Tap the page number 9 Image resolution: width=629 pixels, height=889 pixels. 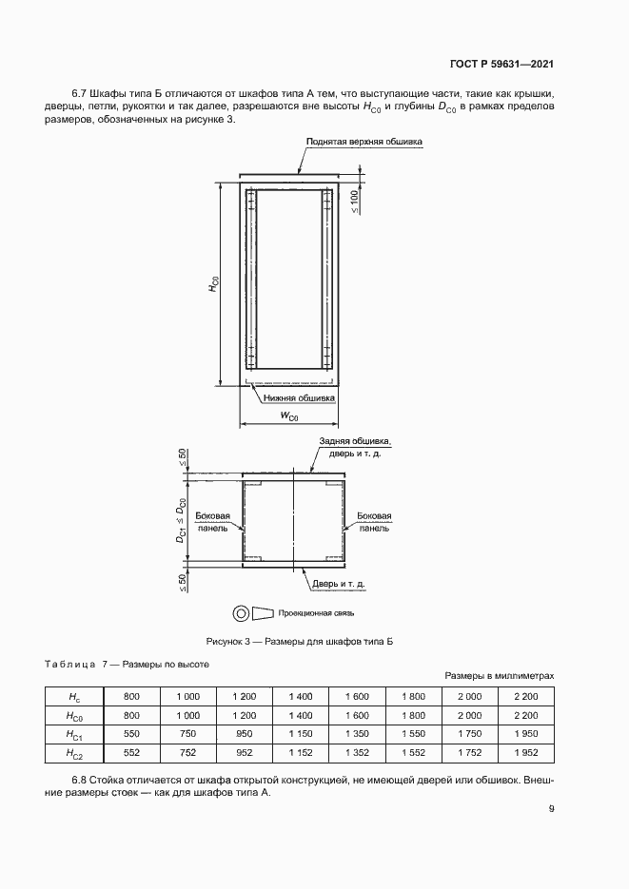coord(551,810)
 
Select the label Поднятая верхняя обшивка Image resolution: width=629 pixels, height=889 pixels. coord(364,142)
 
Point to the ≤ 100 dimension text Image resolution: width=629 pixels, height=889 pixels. coord(353,202)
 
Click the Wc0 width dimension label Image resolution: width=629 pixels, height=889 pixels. coord(289,416)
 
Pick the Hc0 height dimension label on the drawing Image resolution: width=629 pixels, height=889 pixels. coord(215,284)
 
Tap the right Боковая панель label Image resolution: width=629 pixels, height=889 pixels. coord(375,523)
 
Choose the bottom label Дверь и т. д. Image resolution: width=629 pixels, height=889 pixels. coord(336,583)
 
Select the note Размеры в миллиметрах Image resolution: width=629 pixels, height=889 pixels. coord(499,675)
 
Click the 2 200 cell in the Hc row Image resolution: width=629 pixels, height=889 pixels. coord(523,696)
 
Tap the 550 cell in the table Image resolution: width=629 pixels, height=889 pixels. coord(132,734)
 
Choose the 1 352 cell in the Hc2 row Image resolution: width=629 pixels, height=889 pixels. coord(355,753)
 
